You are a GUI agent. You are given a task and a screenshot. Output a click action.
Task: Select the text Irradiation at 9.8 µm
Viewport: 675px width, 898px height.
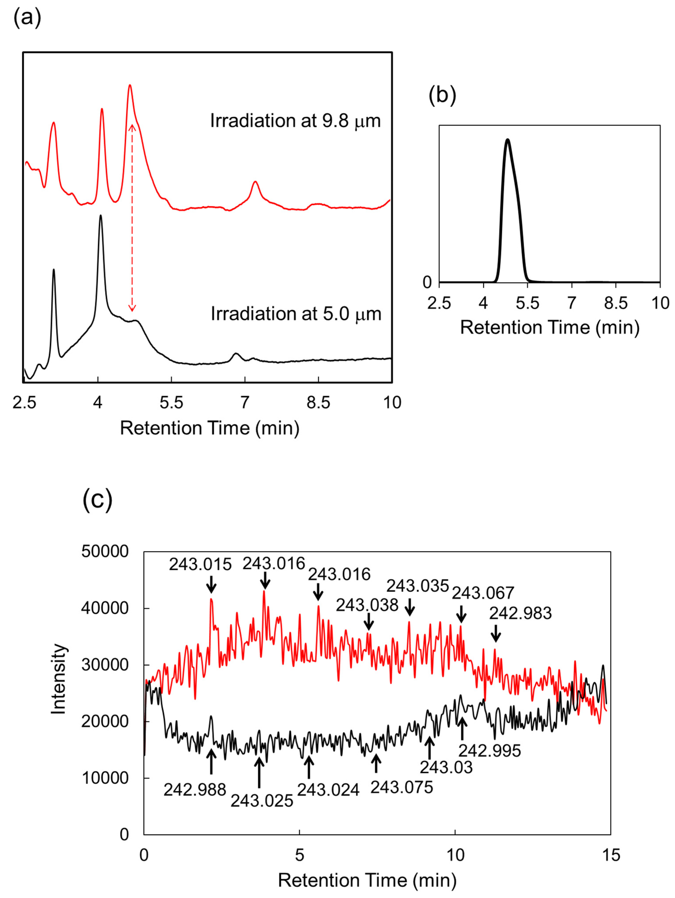point(295,121)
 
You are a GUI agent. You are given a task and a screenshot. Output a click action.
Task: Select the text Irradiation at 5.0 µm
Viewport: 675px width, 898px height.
point(296,314)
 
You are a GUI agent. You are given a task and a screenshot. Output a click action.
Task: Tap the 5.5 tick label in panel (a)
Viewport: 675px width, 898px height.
point(171,403)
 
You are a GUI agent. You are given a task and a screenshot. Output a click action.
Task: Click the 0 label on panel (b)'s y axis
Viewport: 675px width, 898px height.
point(427,282)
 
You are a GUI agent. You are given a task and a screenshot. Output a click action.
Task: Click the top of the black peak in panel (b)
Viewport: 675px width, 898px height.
point(507,140)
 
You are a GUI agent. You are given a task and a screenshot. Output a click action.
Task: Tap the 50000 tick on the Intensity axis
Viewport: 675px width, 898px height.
point(105,552)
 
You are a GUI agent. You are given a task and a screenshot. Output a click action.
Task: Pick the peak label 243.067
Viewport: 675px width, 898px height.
point(483,593)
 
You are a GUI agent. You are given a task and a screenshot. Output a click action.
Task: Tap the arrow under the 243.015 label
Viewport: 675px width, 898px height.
point(211,587)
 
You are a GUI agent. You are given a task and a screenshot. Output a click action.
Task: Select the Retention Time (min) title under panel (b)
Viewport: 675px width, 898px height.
point(550,327)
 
